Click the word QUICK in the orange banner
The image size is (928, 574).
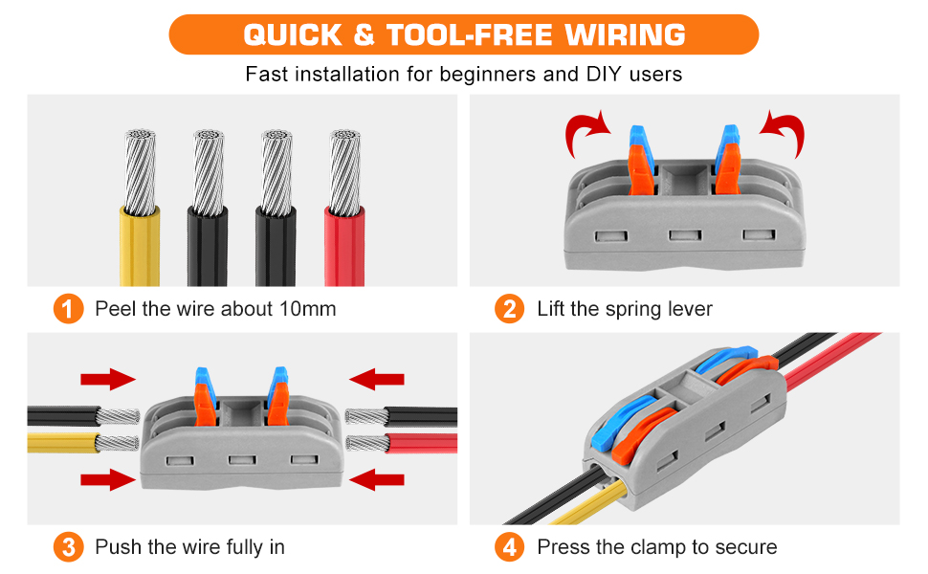click(290, 35)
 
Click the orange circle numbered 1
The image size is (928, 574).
click(68, 309)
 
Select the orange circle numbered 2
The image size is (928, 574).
click(510, 309)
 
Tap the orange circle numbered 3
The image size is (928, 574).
click(68, 547)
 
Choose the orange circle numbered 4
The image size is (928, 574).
click(510, 547)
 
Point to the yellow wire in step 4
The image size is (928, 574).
click(550, 512)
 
